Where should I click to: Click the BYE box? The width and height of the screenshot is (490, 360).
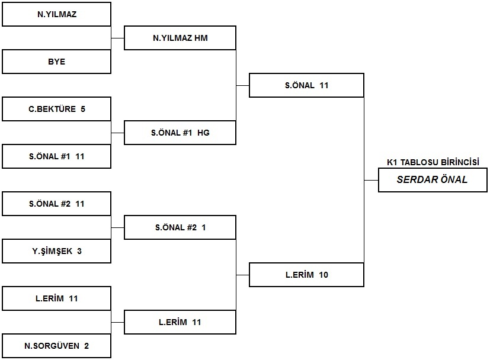56,62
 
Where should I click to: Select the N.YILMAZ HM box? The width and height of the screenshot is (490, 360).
180,38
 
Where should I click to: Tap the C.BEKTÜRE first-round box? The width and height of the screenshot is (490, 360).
56,109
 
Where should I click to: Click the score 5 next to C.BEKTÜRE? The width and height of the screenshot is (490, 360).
83,109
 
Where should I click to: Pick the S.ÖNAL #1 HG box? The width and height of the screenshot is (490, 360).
180,133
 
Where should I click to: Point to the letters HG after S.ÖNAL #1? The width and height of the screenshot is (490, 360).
203,133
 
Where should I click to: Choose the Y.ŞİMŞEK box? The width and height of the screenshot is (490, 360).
56,251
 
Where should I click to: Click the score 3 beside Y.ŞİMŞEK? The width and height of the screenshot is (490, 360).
79,251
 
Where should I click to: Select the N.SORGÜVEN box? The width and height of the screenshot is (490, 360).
56,346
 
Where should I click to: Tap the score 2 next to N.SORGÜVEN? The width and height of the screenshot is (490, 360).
87,346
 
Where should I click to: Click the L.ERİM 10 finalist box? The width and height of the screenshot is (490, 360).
306,275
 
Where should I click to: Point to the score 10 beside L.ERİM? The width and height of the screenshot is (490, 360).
324,275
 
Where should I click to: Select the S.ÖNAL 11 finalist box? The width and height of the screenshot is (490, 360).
306,85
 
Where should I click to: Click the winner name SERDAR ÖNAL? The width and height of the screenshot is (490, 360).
432,179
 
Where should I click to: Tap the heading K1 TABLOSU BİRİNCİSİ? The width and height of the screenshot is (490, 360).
433,162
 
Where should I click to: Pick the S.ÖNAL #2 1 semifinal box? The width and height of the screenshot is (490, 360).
180,227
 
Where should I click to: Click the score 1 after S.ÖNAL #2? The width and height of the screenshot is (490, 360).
204,227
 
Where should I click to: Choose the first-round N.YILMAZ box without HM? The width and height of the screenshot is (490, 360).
56,14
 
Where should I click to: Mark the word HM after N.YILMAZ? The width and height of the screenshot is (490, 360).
201,38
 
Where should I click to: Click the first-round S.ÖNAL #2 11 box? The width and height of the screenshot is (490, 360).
56,204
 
